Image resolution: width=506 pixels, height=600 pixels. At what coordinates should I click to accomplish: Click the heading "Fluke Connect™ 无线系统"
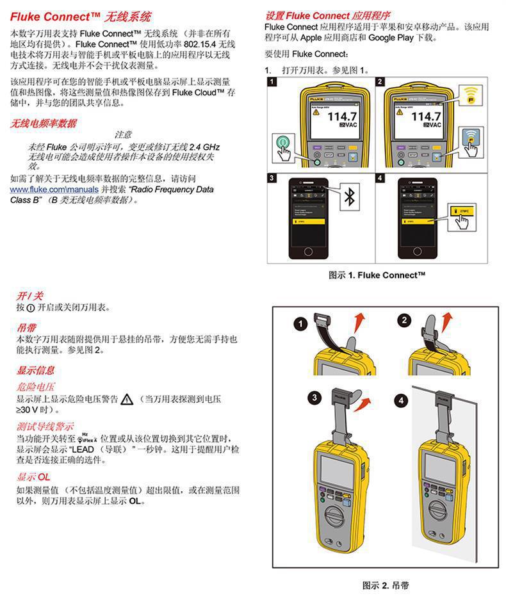click(x=81, y=15)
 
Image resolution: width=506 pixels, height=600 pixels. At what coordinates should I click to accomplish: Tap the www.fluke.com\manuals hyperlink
click(x=54, y=190)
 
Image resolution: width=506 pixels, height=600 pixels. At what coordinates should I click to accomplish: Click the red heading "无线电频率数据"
click(x=43, y=124)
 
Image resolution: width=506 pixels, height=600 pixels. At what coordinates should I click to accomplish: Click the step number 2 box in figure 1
click(x=380, y=82)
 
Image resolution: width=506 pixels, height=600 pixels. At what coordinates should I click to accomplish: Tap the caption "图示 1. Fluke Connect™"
click(x=377, y=275)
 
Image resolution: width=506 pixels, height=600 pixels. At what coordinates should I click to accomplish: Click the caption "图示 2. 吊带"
click(x=386, y=585)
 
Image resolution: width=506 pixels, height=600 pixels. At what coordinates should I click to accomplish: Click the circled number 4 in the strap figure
click(x=402, y=401)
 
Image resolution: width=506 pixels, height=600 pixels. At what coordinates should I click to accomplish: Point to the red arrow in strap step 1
click(x=361, y=320)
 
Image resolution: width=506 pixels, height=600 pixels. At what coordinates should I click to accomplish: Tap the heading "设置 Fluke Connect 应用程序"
click(x=328, y=15)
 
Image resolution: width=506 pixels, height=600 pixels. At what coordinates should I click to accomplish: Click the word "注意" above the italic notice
click(x=123, y=135)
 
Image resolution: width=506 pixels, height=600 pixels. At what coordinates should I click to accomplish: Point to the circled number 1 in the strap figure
click(x=300, y=324)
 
